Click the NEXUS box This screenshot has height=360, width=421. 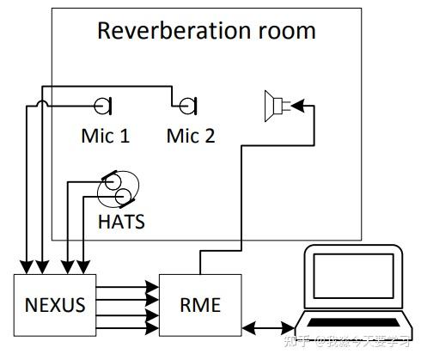(x=55, y=303)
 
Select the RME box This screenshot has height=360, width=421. (x=200, y=303)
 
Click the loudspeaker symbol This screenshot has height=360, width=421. (x=278, y=106)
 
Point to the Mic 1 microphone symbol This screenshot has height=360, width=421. (x=103, y=106)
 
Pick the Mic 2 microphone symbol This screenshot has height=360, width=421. (x=186, y=106)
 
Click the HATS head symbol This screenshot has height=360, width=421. (x=116, y=188)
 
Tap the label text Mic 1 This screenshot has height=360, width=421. (x=105, y=135)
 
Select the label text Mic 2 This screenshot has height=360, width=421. (x=190, y=135)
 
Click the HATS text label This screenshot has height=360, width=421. (x=121, y=222)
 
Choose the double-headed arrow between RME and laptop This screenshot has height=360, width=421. (x=269, y=327)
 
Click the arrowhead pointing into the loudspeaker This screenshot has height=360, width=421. (x=297, y=106)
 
